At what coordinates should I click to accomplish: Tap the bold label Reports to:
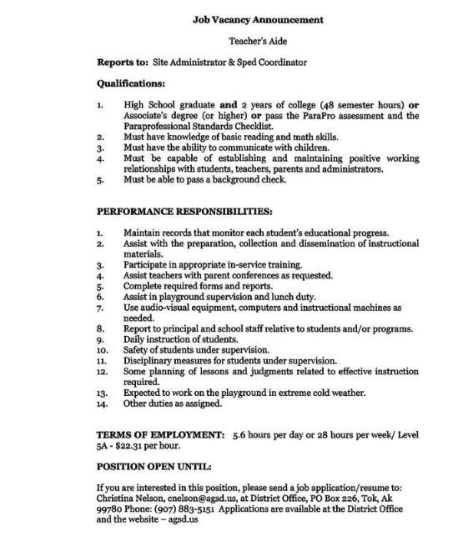(x=123, y=62)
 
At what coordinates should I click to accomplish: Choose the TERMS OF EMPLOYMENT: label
(x=160, y=434)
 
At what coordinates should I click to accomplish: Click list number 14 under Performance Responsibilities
(x=102, y=404)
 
